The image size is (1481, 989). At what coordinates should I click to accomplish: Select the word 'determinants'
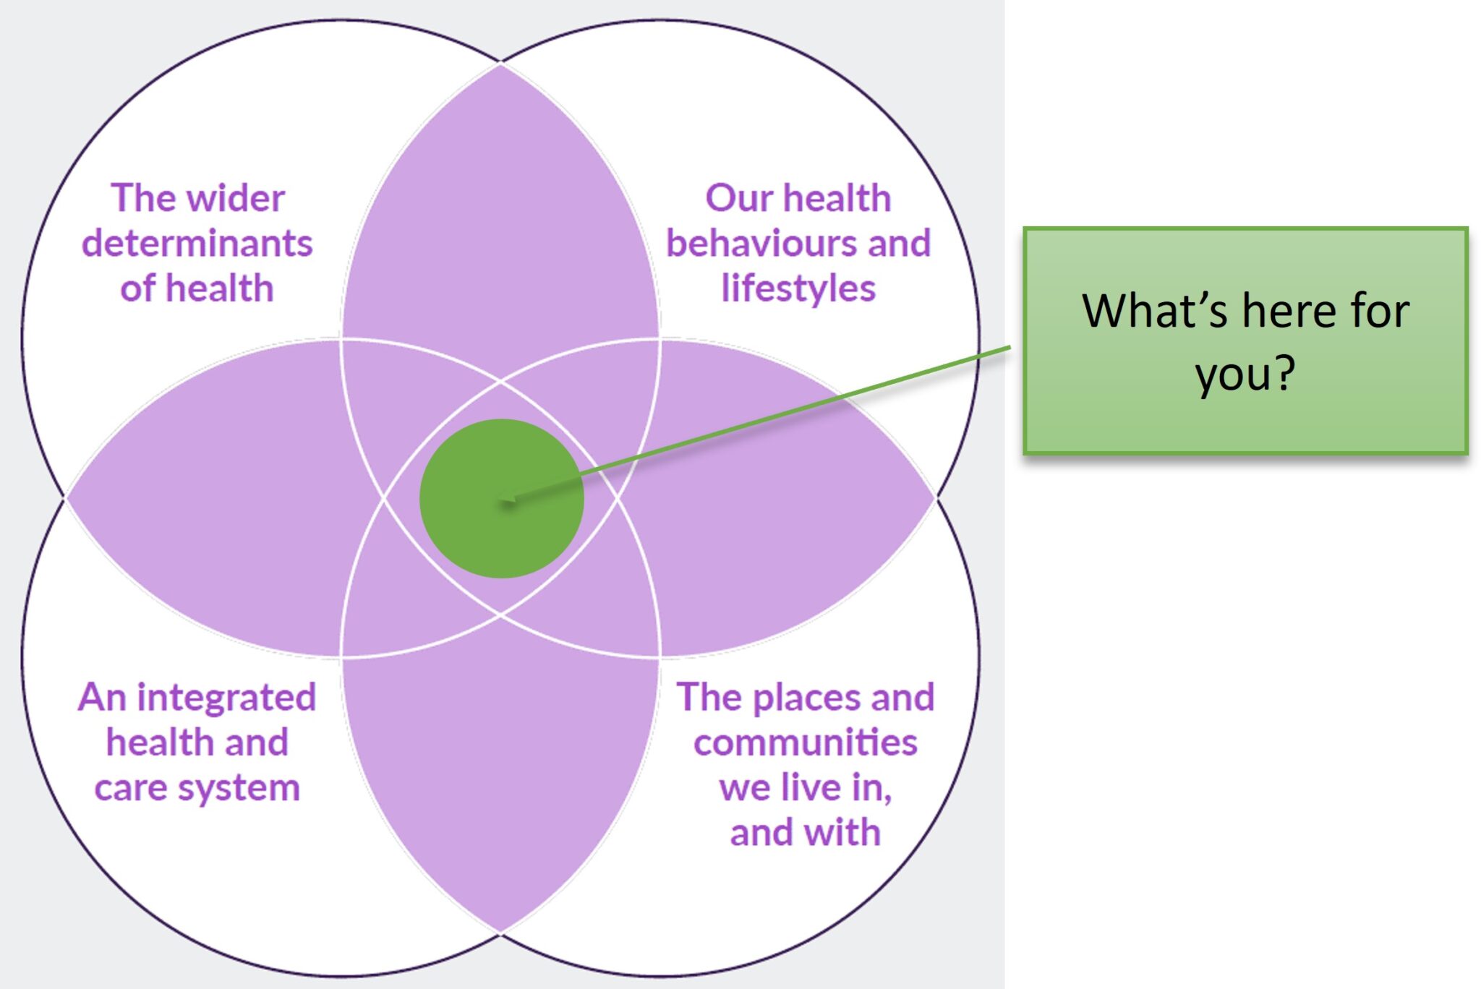pyautogui.click(x=197, y=244)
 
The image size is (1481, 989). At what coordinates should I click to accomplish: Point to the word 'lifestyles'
pyautogui.click(x=798, y=288)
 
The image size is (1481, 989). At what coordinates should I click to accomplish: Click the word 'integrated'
pyautogui.click(x=226, y=698)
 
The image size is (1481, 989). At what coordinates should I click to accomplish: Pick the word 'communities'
pyautogui.click(x=805, y=743)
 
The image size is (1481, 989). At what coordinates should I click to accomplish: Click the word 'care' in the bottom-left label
pyautogui.click(x=130, y=788)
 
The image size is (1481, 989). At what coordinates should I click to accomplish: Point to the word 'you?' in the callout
pyautogui.click(x=1245, y=374)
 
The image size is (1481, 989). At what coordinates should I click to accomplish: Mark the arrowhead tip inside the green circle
pyautogui.click(x=502, y=499)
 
